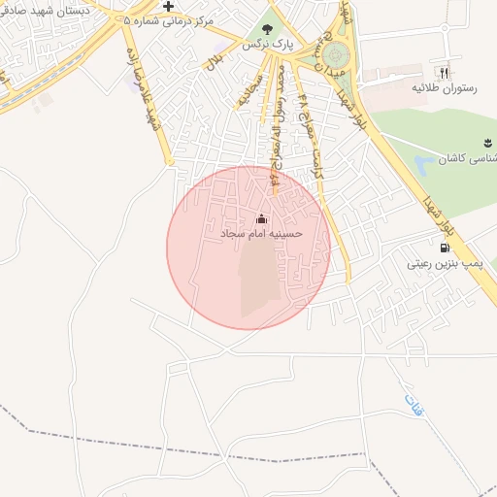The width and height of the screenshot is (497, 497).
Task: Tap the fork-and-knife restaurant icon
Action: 444,72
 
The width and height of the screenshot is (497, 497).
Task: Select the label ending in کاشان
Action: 471,157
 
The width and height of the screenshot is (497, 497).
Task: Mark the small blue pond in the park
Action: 425,162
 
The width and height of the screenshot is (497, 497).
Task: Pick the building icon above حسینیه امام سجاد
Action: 261,218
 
